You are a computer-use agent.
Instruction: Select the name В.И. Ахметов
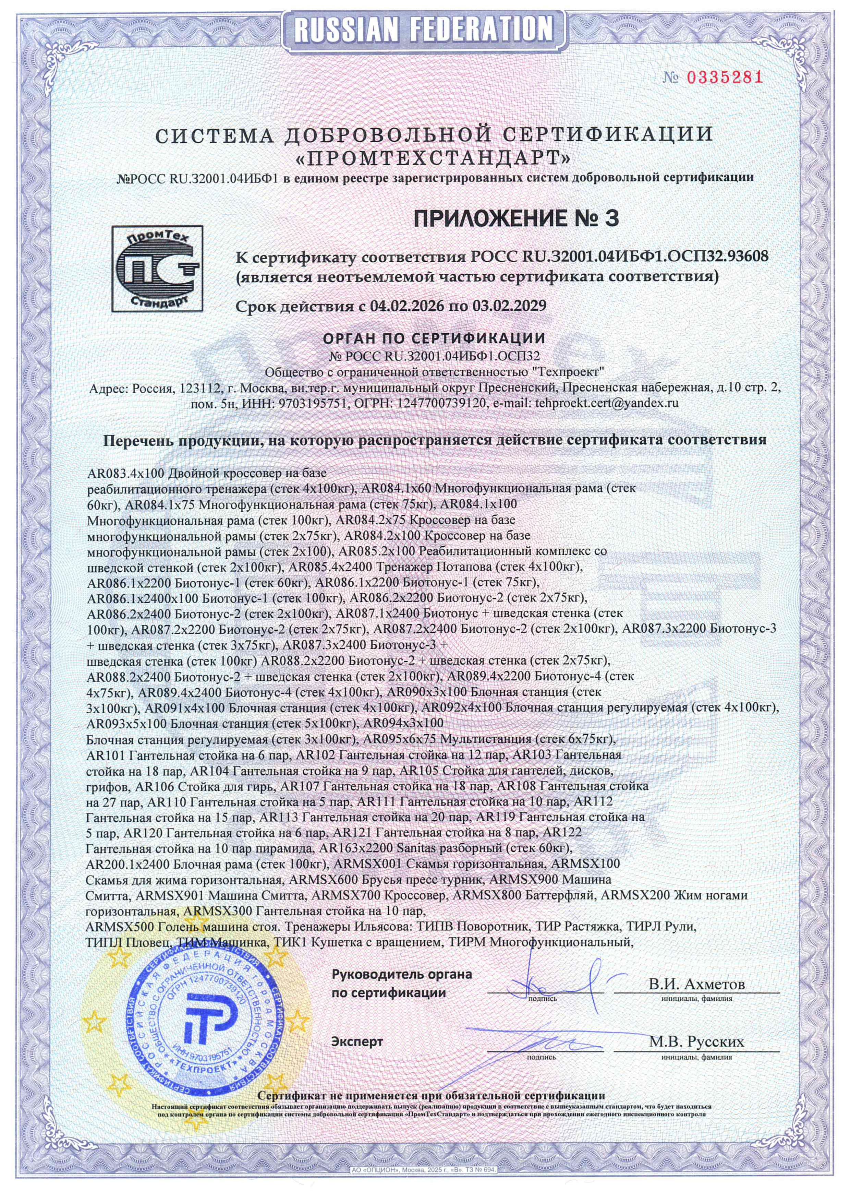point(696,984)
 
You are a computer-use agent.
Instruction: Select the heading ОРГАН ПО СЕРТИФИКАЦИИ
point(434,337)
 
